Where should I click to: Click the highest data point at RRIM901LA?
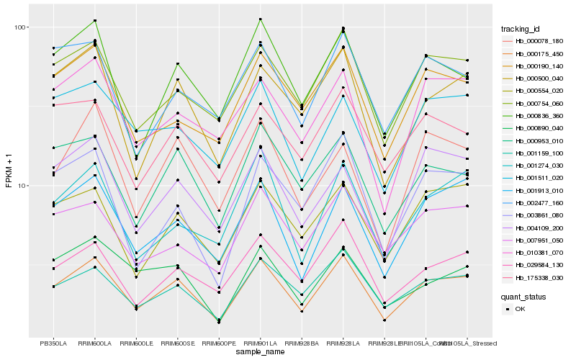(x=261, y=19)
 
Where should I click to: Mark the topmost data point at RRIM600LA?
(x=95, y=20)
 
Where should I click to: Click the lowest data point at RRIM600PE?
(x=219, y=323)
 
